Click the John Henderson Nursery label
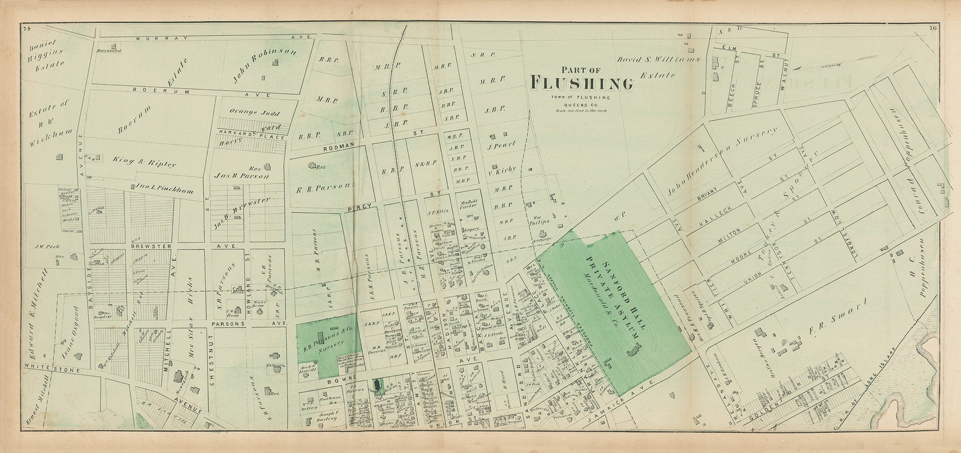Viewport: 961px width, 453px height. (x=720, y=162)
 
